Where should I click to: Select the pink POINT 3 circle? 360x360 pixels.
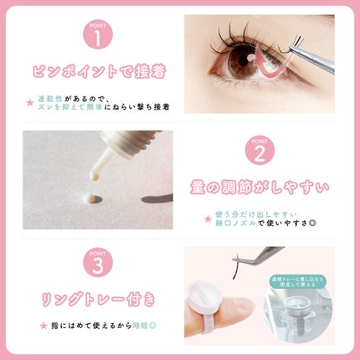pyautogui.click(x=98, y=266)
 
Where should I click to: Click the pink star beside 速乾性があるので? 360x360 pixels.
pyautogui.click(x=30, y=102)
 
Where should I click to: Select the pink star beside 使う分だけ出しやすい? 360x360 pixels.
pyautogui.click(x=208, y=219)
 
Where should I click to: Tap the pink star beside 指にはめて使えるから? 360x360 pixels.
pyautogui.click(x=43, y=325)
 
